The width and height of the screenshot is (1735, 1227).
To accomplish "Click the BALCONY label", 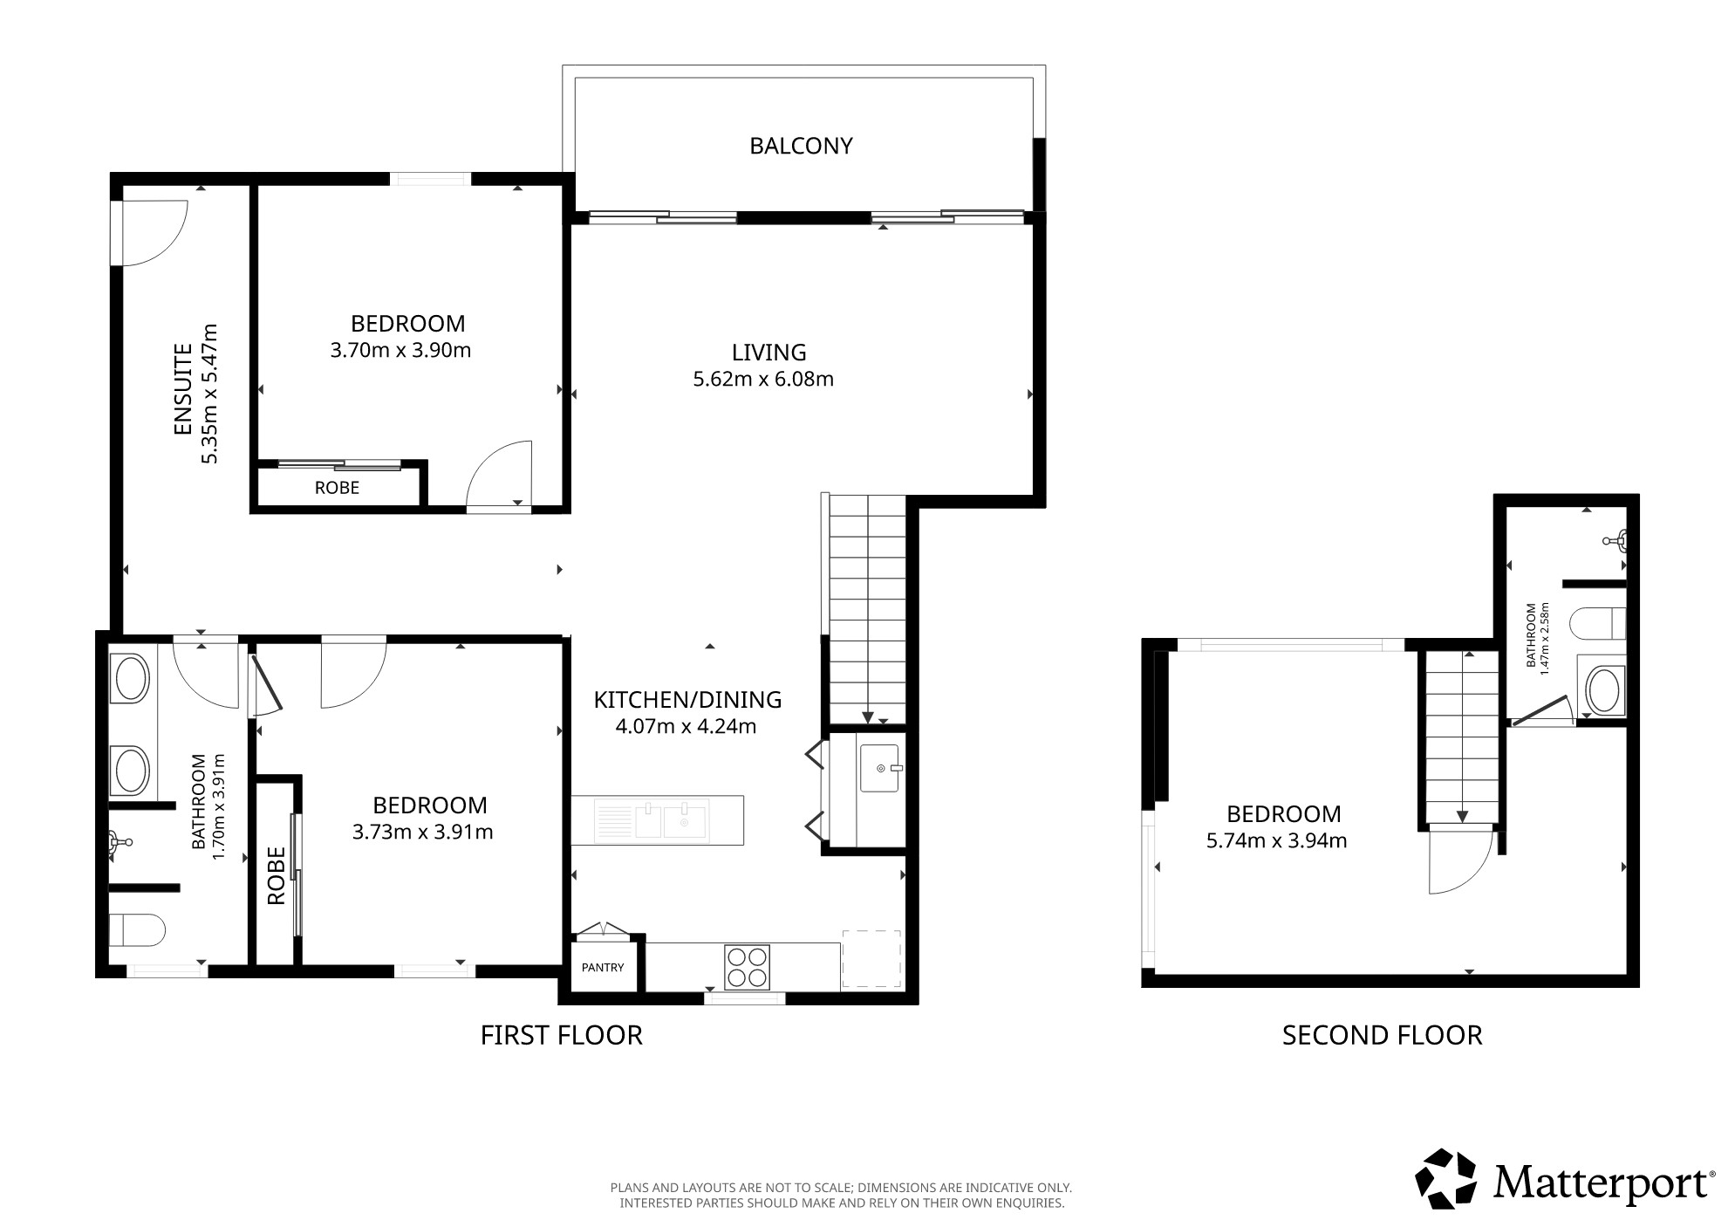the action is point(801,146).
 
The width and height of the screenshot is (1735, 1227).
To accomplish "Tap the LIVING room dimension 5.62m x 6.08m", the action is point(763,379).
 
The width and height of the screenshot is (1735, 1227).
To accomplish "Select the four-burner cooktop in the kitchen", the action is point(747,967).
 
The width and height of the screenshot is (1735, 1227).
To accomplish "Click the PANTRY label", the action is point(603,967).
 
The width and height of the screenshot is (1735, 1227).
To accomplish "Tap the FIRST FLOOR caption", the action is point(562,1035).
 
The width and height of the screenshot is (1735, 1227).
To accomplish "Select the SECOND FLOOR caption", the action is point(1382,1035).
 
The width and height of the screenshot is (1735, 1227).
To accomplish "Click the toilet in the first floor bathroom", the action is point(137,930).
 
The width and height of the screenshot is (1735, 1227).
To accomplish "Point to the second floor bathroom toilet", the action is point(1597,625).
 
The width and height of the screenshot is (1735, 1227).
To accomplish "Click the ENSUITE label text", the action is point(183,390).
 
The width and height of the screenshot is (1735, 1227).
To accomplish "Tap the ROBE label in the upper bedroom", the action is point(337,488).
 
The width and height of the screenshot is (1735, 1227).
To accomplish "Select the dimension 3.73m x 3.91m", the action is point(422,832).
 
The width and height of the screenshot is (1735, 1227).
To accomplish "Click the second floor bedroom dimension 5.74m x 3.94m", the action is point(1276,840).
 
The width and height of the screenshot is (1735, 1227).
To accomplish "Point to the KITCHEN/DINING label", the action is point(687,699).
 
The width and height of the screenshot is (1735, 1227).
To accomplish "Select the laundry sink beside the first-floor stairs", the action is point(879,768).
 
